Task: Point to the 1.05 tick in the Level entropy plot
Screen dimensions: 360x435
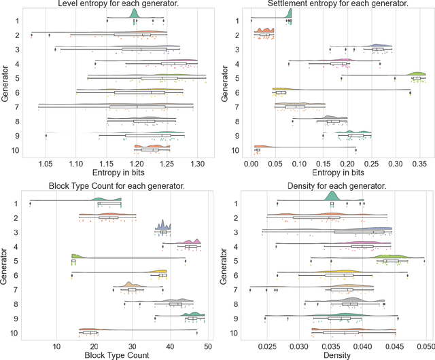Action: (46, 164)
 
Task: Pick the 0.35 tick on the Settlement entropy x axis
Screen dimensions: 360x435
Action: (419, 164)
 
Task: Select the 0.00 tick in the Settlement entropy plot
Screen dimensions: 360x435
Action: (251, 164)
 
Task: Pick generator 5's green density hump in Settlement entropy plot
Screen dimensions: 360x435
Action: (416, 74)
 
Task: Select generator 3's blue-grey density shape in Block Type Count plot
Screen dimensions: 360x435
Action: (163, 226)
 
